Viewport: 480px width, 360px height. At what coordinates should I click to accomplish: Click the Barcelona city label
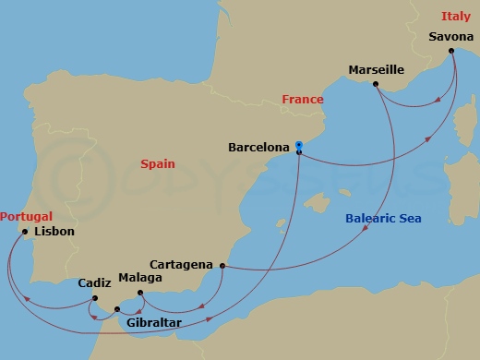[x=258, y=146]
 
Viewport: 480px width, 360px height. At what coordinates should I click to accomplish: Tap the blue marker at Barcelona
[x=299, y=145]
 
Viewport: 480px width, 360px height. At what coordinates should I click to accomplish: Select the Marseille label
[x=377, y=69]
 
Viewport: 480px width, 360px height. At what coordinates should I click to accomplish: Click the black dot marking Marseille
[x=376, y=85]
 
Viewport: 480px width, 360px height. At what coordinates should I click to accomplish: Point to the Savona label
[x=452, y=37]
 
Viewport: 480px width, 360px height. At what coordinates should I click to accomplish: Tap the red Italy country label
[x=454, y=16]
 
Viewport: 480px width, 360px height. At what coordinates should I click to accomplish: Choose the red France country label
[x=303, y=100]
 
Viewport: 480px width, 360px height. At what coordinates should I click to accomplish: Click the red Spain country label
[x=158, y=163]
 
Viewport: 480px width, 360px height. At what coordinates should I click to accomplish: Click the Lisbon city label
[x=54, y=232]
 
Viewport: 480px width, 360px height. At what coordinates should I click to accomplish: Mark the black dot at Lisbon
[x=25, y=232]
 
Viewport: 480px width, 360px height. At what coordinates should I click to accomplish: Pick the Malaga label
[x=141, y=277]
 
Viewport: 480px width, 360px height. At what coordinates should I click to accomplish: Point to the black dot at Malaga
[x=140, y=294]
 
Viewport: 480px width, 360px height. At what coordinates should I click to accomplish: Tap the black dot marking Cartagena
[x=222, y=267]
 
